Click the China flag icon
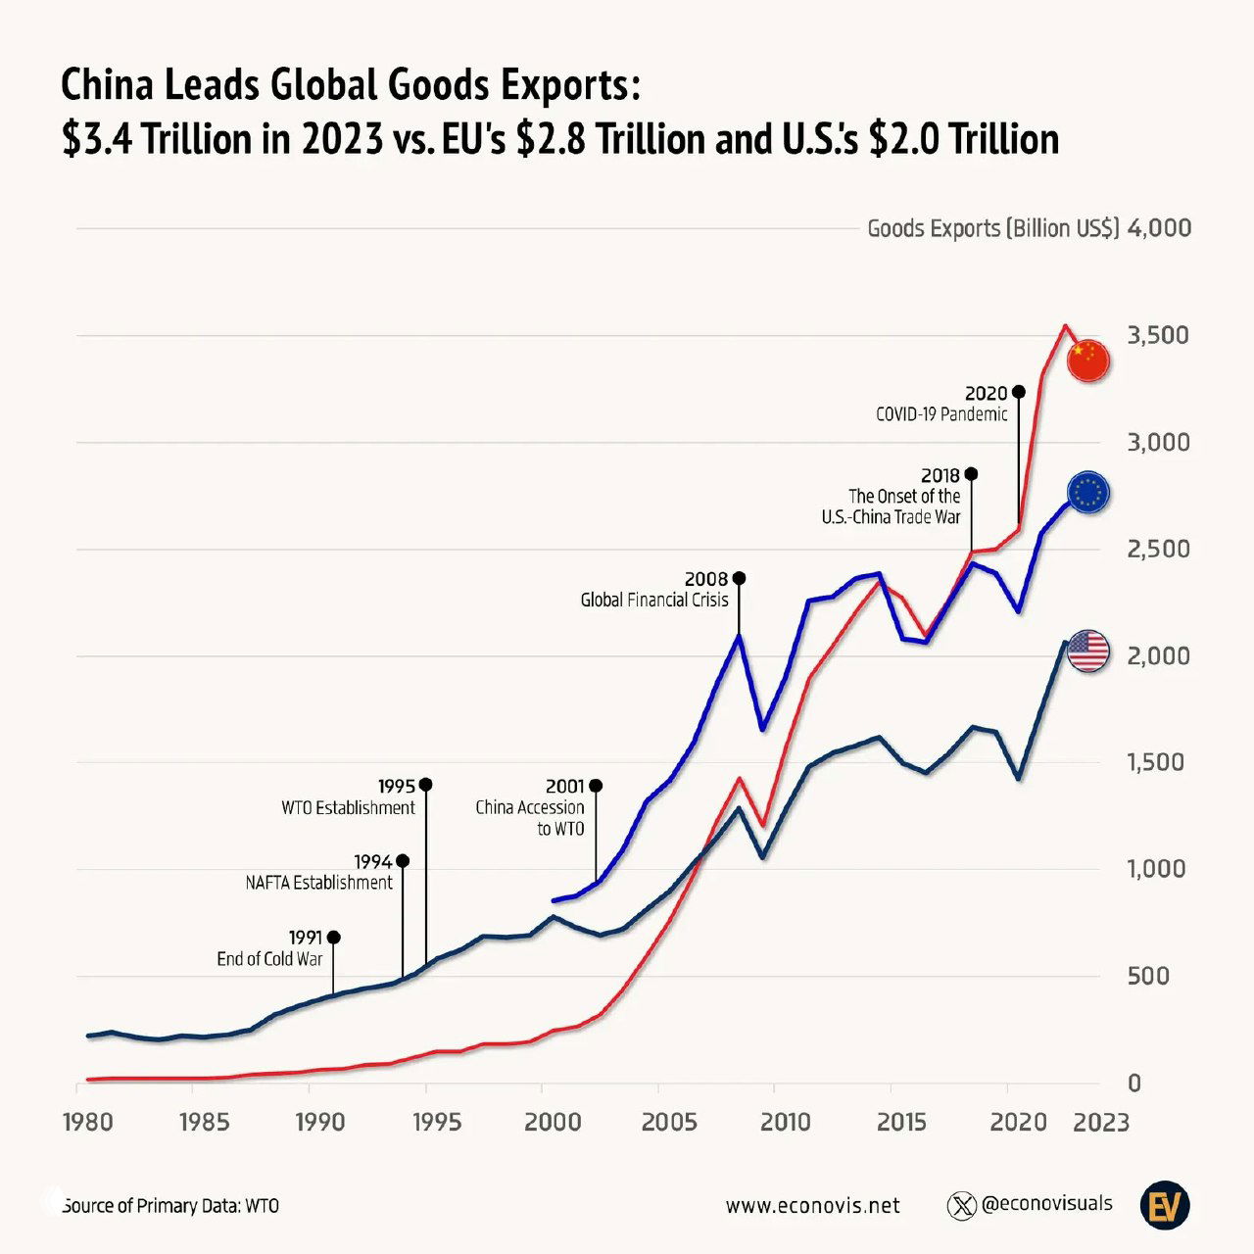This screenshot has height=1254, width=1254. [x=1087, y=362]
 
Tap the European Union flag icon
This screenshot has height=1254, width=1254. [x=1087, y=494]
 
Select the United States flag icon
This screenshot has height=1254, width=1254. [x=1087, y=651]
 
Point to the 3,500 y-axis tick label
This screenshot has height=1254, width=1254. [x=1158, y=335]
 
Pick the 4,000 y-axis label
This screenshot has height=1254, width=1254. [x=1159, y=228]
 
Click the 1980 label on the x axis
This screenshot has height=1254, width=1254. [x=88, y=1122]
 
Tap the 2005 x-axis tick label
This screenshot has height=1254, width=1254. [x=669, y=1122]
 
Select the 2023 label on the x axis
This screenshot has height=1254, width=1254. [x=1101, y=1122]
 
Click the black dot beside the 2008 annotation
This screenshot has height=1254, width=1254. [x=739, y=578]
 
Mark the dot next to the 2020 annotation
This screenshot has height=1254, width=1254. [x=1018, y=392]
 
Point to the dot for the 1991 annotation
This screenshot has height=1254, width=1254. [x=333, y=938]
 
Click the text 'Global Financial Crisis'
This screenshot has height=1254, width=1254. [x=654, y=600]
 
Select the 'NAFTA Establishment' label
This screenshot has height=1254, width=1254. [x=318, y=883]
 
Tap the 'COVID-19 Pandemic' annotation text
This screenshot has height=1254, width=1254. [x=941, y=414]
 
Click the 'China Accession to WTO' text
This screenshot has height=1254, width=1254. [x=530, y=818]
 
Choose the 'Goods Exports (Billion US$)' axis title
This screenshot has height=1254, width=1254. [x=992, y=228]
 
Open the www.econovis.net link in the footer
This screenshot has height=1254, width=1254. [x=812, y=1205]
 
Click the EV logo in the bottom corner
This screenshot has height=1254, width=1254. [x=1165, y=1205]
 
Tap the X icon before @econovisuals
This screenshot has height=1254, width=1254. [x=962, y=1205]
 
